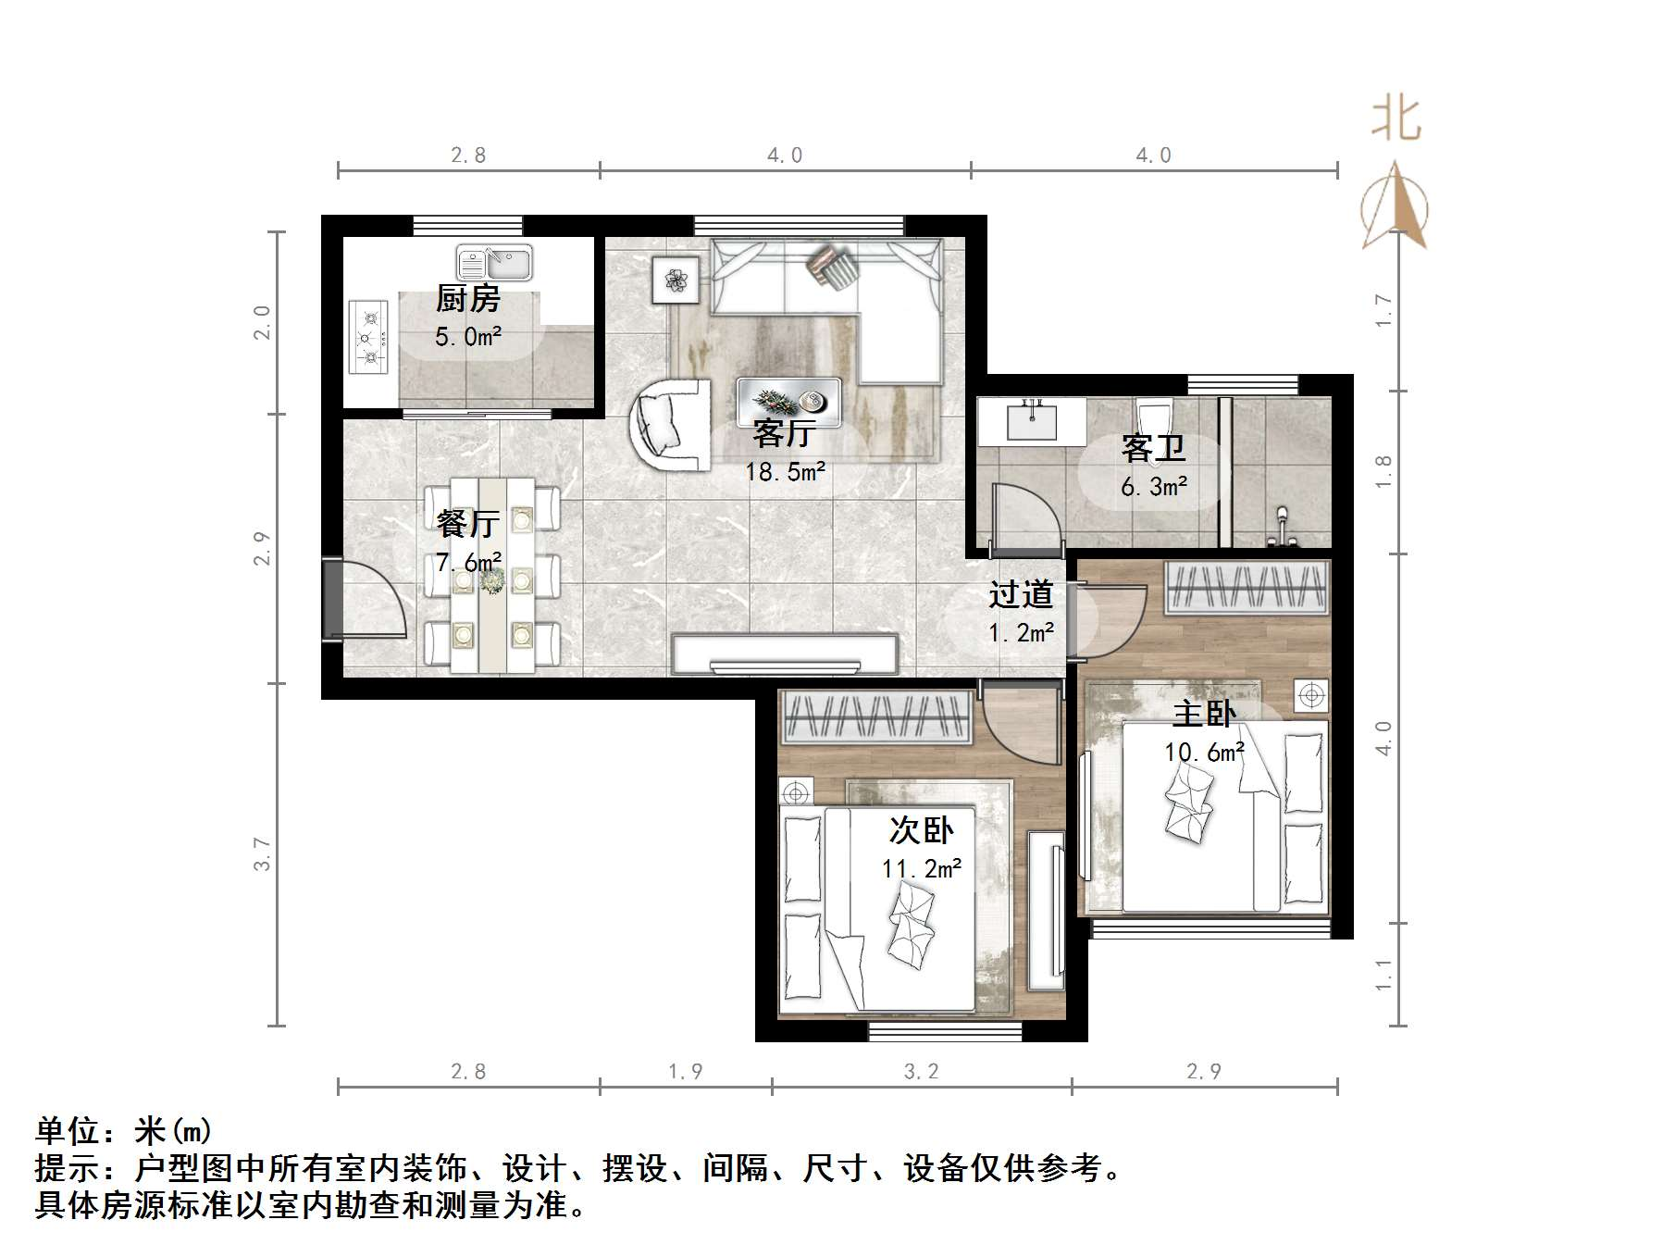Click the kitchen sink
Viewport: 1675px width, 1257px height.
click(x=494, y=263)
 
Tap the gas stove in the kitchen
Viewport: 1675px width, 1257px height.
click(x=368, y=337)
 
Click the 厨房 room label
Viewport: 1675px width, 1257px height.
click(x=468, y=299)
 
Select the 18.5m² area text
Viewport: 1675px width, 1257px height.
click(x=785, y=473)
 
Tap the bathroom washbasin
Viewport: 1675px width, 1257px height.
click(x=1030, y=422)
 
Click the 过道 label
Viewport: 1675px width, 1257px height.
click(x=1021, y=594)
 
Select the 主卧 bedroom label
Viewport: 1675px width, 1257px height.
click(x=1204, y=714)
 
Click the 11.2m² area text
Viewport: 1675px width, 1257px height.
click(x=922, y=869)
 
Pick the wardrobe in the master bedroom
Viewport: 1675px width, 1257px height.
click(x=1247, y=588)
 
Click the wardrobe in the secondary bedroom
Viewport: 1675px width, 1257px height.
click(x=876, y=717)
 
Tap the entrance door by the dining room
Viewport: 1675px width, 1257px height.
click(x=366, y=600)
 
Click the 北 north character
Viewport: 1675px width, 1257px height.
click(x=1396, y=120)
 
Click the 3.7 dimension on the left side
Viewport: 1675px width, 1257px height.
click(x=263, y=853)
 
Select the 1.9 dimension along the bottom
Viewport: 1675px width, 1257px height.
click(x=686, y=1072)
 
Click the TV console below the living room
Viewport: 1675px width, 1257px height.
click(x=786, y=655)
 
